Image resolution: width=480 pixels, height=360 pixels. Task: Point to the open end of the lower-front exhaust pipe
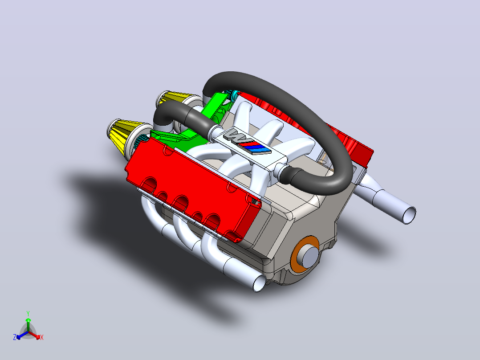[x=259, y=283]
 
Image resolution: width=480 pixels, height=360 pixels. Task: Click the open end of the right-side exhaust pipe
[x=409, y=215]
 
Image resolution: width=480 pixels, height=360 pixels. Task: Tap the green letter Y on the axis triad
[x=28, y=313]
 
